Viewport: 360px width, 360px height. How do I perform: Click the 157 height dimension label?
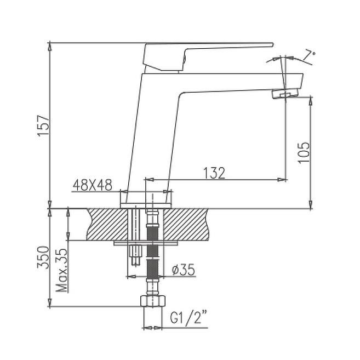pyautogui.click(x=43, y=125)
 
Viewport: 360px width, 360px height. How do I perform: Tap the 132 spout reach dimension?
pyautogui.click(x=215, y=173)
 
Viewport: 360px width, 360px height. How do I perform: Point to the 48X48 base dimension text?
pyautogui.click(x=93, y=185)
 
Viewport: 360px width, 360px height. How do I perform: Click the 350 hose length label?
pyautogui.click(x=43, y=257)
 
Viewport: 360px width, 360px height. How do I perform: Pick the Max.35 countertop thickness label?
pyautogui.click(x=62, y=271)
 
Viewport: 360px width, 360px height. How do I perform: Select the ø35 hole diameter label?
pyautogui.click(x=184, y=270)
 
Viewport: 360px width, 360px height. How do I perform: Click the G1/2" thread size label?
pyautogui.click(x=188, y=317)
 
